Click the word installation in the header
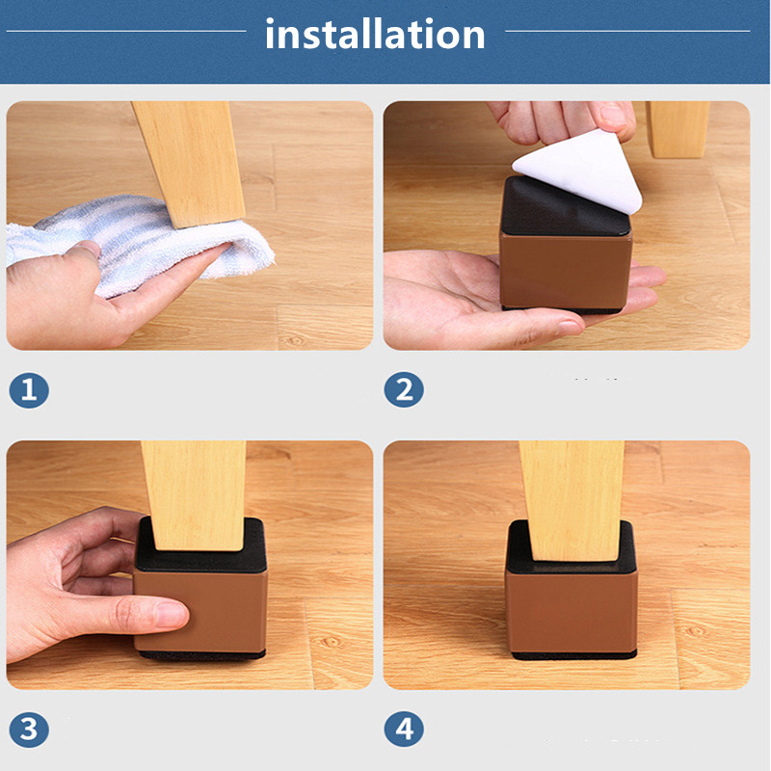point(375,34)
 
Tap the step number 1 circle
point(29,390)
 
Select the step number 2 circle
point(404,389)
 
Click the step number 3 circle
point(29,730)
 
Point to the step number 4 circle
point(404,730)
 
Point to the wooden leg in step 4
point(572,499)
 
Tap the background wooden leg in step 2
point(678,129)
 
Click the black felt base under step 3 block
point(202,654)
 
